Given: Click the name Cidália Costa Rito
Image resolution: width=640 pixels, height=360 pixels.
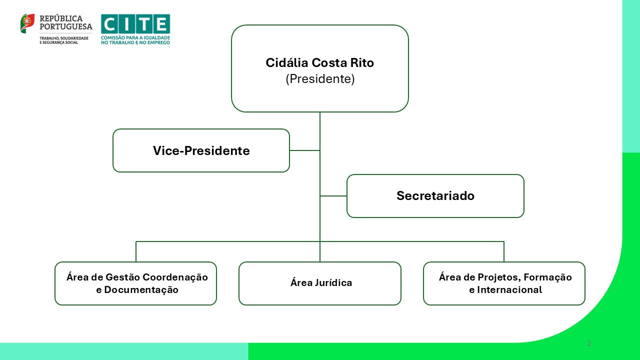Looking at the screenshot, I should click(x=319, y=63).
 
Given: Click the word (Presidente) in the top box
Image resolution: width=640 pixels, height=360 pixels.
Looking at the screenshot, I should click(x=320, y=79).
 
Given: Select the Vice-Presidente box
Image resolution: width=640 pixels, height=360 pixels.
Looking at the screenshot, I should click(x=201, y=150).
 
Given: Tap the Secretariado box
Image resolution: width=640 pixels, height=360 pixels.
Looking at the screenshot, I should click(x=435, y=195).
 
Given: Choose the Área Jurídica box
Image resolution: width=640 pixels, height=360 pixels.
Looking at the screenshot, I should click(x=320, y=283).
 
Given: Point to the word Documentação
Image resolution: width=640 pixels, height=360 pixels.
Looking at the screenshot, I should click(x=137, y=289).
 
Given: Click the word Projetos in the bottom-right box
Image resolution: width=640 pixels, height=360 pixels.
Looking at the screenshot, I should click(x=499, y=277).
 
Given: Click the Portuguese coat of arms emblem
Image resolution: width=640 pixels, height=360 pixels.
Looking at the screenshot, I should click(x=27, y=23).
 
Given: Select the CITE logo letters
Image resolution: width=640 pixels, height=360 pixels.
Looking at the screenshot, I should click(x=135, y=23).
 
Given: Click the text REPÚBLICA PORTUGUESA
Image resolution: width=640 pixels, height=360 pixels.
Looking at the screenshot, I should click(x=65, y=22).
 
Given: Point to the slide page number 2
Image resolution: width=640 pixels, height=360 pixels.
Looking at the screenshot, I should click(x=589, y=343).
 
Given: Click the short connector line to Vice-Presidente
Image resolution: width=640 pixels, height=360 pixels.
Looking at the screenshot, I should click(x=304, y=150).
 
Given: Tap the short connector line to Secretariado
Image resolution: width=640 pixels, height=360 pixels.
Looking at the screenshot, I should click(x=333, y=195).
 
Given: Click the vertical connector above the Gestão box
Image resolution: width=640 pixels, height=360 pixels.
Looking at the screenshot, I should click(x=136, y=251).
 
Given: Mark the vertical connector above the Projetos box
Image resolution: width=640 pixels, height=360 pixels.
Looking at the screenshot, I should click(x=503, y=251).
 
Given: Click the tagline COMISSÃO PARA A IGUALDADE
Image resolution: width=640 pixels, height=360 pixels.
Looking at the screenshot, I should click(x=135, y=37).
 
